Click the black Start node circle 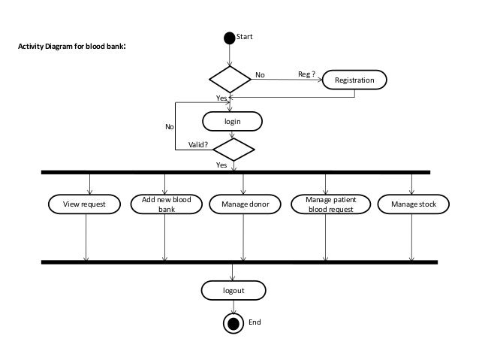(229, 36)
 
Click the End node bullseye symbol (234, 323)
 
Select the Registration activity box (354, 79)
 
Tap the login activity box (233, 120)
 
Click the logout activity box (233, 289)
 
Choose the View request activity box (84, 204)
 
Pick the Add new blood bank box (166, 204)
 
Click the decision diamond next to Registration (230, 79)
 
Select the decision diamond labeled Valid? (233, 149)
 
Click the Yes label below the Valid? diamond (221, 165)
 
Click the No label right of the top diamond (261, 75)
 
